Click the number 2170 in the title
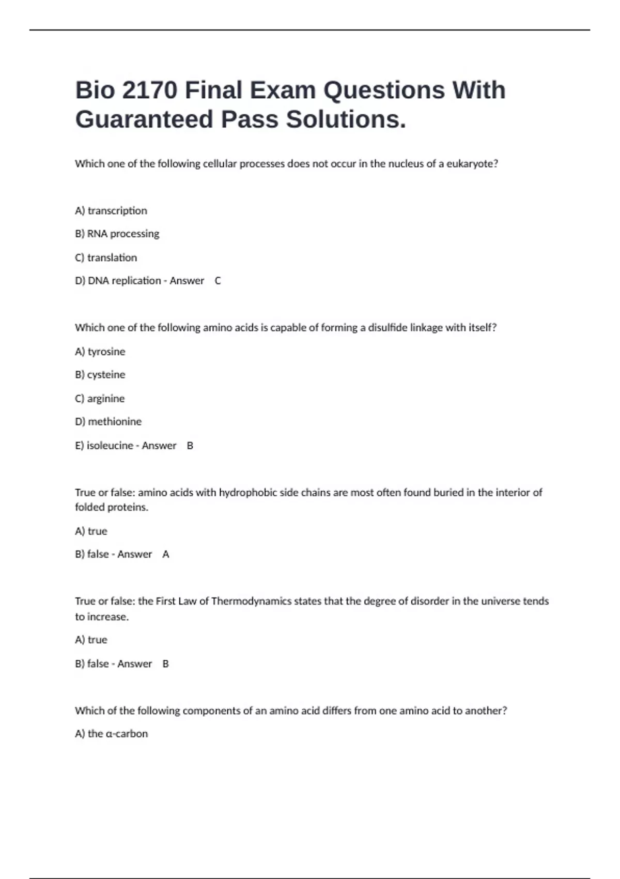tap(149, 90)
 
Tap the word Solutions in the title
tap(346, 119)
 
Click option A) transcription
tap(111, 210)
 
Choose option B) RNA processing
tap(117, 234)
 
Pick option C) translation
tap(106, 257)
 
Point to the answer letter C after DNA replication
tap(218, 281)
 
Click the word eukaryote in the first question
tap(472, 164)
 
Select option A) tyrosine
tap(100, 352)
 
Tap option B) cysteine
tap(100, 374)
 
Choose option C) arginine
tap(100, 399)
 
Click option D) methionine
tap(108, 421)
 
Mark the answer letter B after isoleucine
tap(190, 446)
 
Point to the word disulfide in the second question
tap(387, 328)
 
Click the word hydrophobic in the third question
tap(248, 492)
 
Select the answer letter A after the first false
tap(166, 554)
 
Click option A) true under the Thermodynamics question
tap(91, 640)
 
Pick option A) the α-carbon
tap(111, 734)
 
